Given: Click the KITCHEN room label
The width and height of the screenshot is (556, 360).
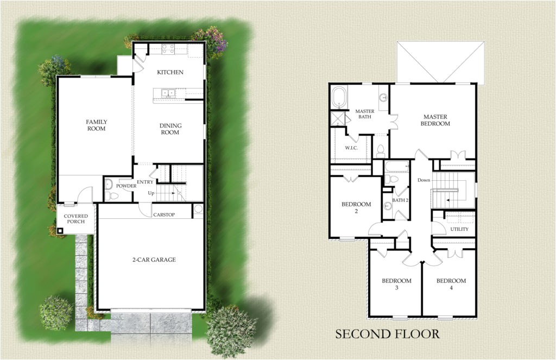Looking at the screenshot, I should (170, 72).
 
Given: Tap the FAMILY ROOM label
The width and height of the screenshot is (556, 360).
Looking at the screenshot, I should (97, 125).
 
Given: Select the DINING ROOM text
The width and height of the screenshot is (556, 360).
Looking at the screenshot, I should (170, 129).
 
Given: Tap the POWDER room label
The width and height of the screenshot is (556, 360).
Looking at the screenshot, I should (126, 186).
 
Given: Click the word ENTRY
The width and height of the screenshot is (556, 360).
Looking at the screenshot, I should (146, 182).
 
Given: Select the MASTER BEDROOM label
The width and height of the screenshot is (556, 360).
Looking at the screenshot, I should (437, 120).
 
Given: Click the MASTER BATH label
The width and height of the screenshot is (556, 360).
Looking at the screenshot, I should (365, 115).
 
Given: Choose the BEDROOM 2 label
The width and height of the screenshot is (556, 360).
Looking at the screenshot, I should (356, 207).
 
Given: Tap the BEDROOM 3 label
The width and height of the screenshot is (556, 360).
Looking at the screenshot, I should (396, 284).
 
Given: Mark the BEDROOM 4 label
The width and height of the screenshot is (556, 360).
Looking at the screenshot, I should (451, 284).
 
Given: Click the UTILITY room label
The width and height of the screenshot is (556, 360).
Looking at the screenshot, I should (459, 230).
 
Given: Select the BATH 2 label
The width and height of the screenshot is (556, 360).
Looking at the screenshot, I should (400, 201).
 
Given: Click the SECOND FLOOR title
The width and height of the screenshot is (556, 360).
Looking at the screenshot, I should (387, 333).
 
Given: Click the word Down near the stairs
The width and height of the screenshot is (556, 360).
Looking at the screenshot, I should (424, 180).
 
